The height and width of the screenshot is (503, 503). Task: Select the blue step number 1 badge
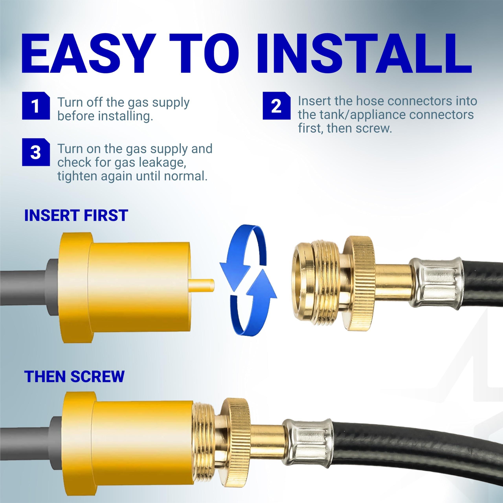click(36, 106)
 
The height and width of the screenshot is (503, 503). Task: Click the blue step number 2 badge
click(276, 106)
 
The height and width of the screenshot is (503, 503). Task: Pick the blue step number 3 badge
click(36, 152)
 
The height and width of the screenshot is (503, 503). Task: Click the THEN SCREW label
click(74, 376)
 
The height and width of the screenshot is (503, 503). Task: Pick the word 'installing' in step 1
click(125, 116)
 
